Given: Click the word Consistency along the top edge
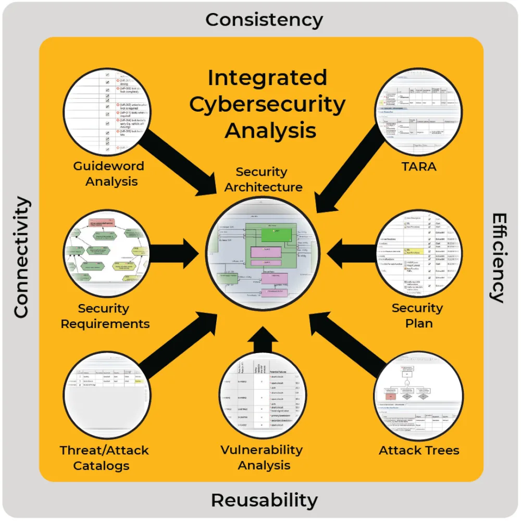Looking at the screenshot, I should (264, 20).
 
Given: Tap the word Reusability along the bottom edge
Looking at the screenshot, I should (264, 500).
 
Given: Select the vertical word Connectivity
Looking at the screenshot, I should (21, 257).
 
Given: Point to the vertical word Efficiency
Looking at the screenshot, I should (499, 257).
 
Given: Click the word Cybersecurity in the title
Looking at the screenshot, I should (267, 104).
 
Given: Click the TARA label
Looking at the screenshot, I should (419, 167).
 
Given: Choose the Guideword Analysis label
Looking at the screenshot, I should (108, 174).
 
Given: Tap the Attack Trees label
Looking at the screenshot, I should (419, 450).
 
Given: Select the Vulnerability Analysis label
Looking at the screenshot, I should (262, 457).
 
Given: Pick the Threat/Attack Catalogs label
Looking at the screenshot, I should (104, 457).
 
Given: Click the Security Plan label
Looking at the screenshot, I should (417, 315).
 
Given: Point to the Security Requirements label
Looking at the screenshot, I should (105, 316).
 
